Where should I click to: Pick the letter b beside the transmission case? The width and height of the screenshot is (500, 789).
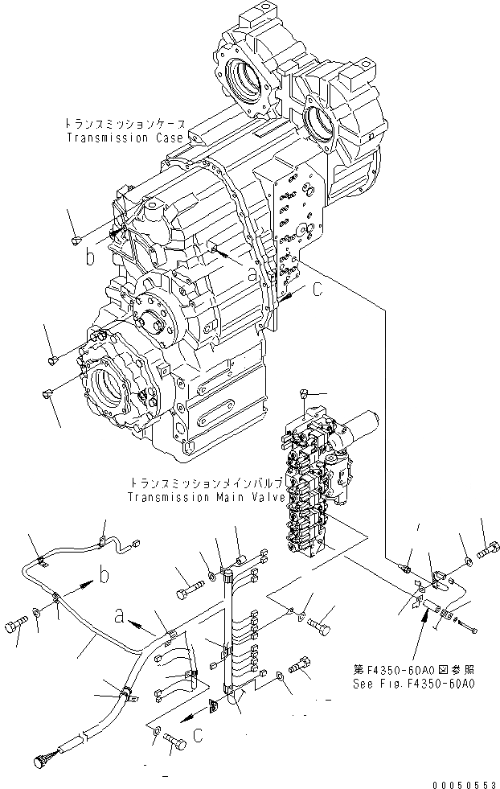click(91, 258)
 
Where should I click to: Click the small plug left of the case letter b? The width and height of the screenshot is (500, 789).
click(75, 239)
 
